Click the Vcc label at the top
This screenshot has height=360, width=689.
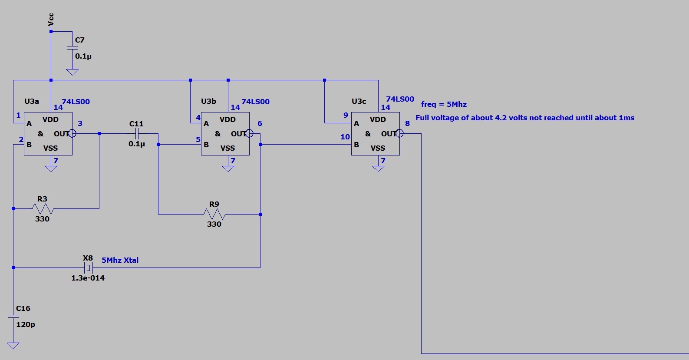point(51,20)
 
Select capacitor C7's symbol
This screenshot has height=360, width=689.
point(72,48)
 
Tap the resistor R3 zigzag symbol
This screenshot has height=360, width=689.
point(43,209)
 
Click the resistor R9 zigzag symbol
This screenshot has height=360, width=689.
point(214,214)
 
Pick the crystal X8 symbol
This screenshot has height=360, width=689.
point(88,268)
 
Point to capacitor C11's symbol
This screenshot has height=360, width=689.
point(137,134)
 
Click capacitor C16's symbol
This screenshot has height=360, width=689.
point(13,317)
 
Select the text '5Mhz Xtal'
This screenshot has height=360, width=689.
point(120,260)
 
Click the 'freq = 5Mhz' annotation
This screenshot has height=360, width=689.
point(444,104)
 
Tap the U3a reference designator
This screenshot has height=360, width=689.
point(32,101)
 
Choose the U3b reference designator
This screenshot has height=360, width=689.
point(208,101)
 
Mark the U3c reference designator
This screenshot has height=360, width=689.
point(359,101)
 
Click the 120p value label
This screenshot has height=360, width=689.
point(26,324)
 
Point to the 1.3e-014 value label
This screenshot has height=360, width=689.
point(88,278)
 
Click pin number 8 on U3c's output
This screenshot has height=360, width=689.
point(407,123)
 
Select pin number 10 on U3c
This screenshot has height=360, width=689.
point(345,137)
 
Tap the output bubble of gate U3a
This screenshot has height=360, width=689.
point(73,134)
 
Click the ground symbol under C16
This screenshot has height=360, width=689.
point(13,346)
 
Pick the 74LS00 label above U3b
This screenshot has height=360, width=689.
point(255,102)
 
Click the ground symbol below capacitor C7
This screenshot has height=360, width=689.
point(72,72)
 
